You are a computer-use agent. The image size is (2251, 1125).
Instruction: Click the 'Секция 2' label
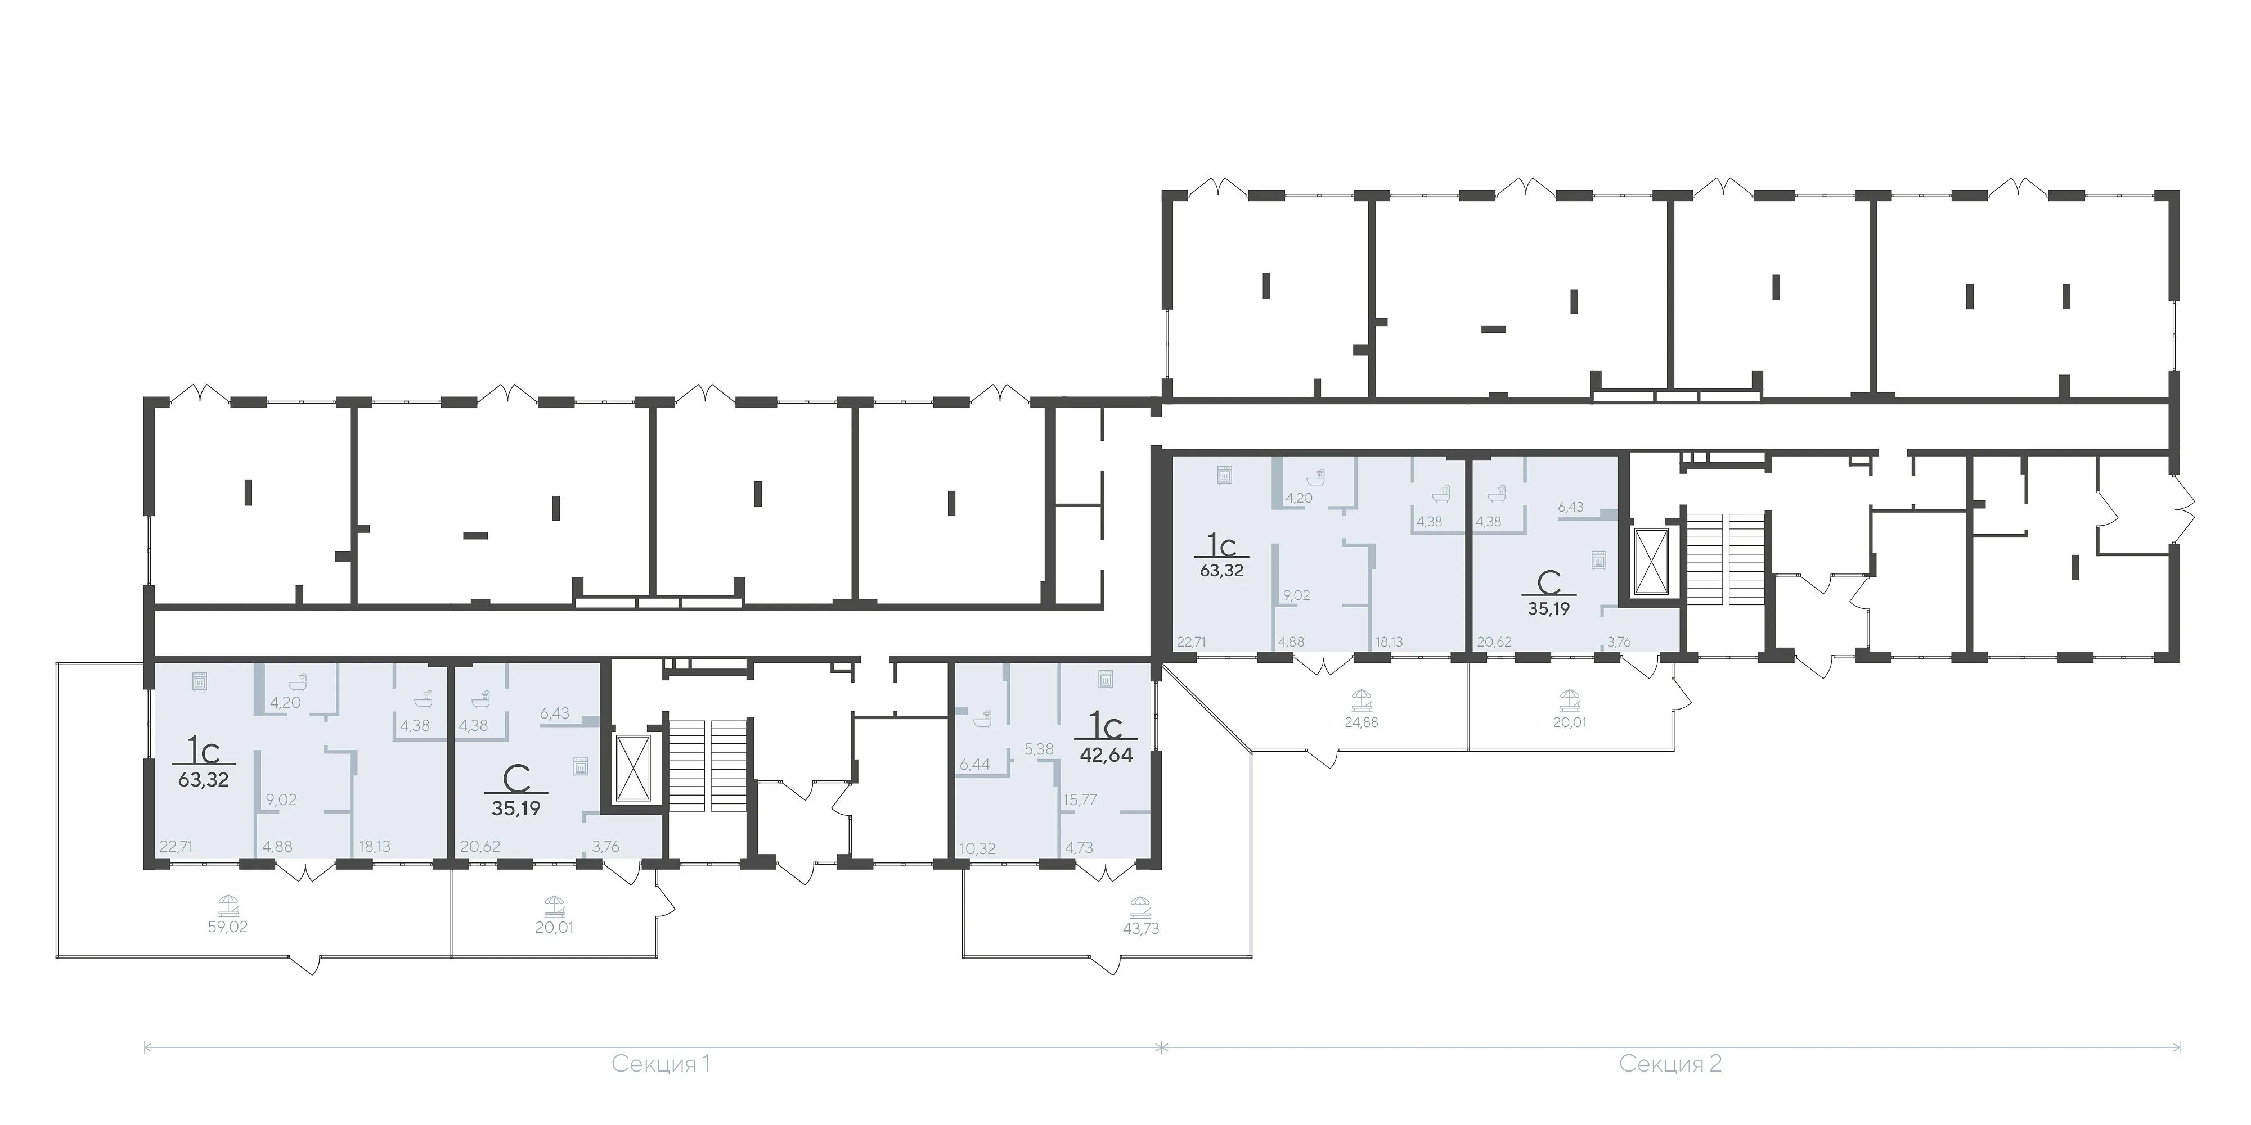pyautogui.click(x=1670, y=1088)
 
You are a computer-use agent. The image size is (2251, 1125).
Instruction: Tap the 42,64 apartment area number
pyautogui.click(x=1106, y=754)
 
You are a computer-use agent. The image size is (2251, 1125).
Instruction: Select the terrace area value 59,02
pyautogui.click(x=227, y=927)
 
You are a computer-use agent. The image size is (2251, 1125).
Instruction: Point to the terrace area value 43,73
pyautogui.click(x=1140, y=928)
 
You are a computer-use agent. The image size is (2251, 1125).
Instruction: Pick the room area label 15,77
pyautogui.click(x=1080, y=800)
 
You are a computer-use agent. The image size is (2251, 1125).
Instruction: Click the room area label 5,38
pyautogui.click(x=1039, y=749)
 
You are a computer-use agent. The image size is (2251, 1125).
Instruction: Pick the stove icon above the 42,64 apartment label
pyautogui.click(x=1106, y=679)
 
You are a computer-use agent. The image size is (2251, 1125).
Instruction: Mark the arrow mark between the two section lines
pyautogui.click(x=1161, y=1046)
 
